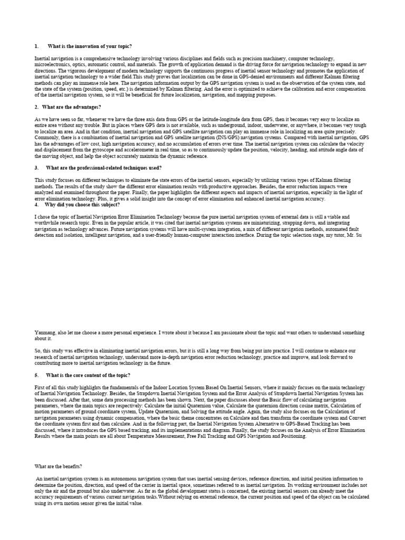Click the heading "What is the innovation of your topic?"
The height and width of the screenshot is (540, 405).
coord(90,46)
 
